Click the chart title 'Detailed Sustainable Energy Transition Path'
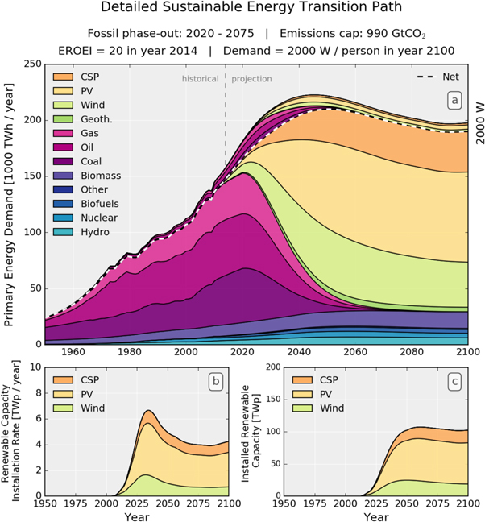(x=242, y=9)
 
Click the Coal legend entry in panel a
(x=89, y=160)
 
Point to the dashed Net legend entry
(x=436, y=77)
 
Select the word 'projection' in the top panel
(x=251, y=79)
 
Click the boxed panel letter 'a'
(x=455, y=99)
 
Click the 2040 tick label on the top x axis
(x=298, y=352)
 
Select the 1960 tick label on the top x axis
(x=73, y=352)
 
